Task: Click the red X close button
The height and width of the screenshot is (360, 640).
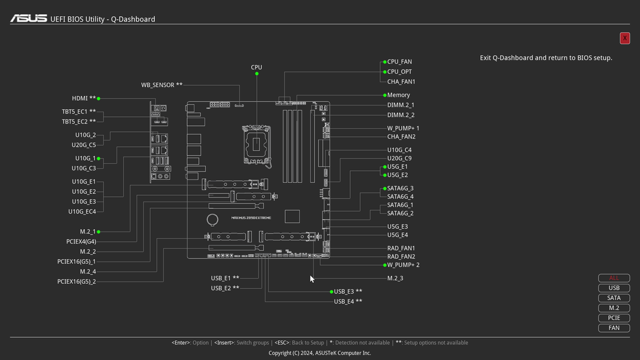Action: pos(624,38)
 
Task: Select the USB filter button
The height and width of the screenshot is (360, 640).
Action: pos(614,288)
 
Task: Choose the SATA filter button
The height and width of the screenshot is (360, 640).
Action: pos(614,298)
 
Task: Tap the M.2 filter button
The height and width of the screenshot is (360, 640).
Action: pos(614,308)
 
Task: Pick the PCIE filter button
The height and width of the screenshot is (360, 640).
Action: pos(614,318)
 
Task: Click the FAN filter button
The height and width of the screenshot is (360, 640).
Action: pos(614,328)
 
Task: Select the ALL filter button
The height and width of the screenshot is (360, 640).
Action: pos(614,278)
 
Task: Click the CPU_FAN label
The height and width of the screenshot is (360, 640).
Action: pos(399,62)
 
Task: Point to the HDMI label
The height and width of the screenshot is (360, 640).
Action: pos(80,98)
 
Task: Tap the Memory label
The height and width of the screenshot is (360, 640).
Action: pos(399,95)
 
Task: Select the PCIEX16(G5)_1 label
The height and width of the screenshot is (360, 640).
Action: pos(76,262)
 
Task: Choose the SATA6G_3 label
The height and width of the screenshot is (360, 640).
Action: pos(400,188)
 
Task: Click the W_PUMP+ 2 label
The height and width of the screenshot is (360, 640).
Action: pos(403,265)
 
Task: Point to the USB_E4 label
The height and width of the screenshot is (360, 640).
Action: pos(345,301)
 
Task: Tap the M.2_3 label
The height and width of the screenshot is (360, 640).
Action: pos(395,278)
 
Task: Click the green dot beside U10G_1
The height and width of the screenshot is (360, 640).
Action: pos(99,158)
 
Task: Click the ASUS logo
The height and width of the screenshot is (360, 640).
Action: pos(28,19)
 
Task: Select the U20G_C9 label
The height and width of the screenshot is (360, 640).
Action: pos(399,158)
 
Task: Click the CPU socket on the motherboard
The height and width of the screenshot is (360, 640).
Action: pos(256,143)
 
